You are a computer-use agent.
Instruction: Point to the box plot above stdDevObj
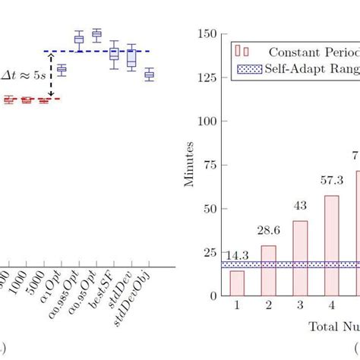pos(150,74)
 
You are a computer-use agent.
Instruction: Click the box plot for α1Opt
pos(62,71)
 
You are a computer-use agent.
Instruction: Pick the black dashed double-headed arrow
pos(51,74)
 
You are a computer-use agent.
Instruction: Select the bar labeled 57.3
pos(332,245)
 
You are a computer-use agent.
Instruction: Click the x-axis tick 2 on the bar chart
pos(269,306)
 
